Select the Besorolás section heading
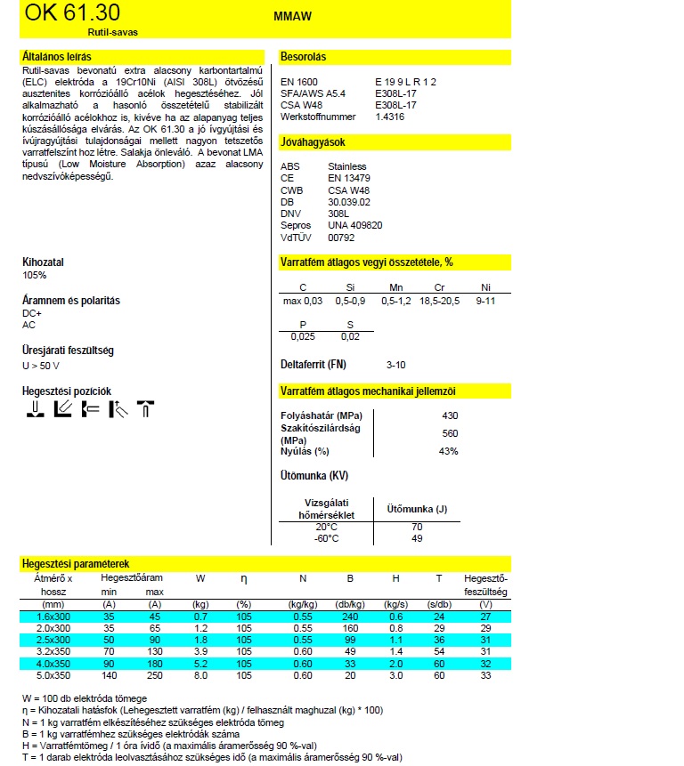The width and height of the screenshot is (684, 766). tap(304, 57)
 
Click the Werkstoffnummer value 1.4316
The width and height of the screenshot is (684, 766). tap(389, 117)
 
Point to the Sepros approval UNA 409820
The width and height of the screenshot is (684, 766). tap(354, 225)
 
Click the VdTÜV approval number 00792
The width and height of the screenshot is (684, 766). tap(341, 238)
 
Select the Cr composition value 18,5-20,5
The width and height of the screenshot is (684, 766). tap(439, 302)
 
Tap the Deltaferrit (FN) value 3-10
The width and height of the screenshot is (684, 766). tap(395, 365)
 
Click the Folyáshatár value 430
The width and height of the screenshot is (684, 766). tap(450, 416)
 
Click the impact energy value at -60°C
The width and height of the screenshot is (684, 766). tap(416, 538)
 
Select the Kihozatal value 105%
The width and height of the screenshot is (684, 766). tap(35, 275)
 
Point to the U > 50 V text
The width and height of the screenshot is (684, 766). tap(41, 366)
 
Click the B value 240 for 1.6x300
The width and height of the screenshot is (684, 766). tap(349, 617)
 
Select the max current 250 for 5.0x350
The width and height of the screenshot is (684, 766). tap(154, 675)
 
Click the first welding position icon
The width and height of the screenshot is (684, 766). tap(35, 409)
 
